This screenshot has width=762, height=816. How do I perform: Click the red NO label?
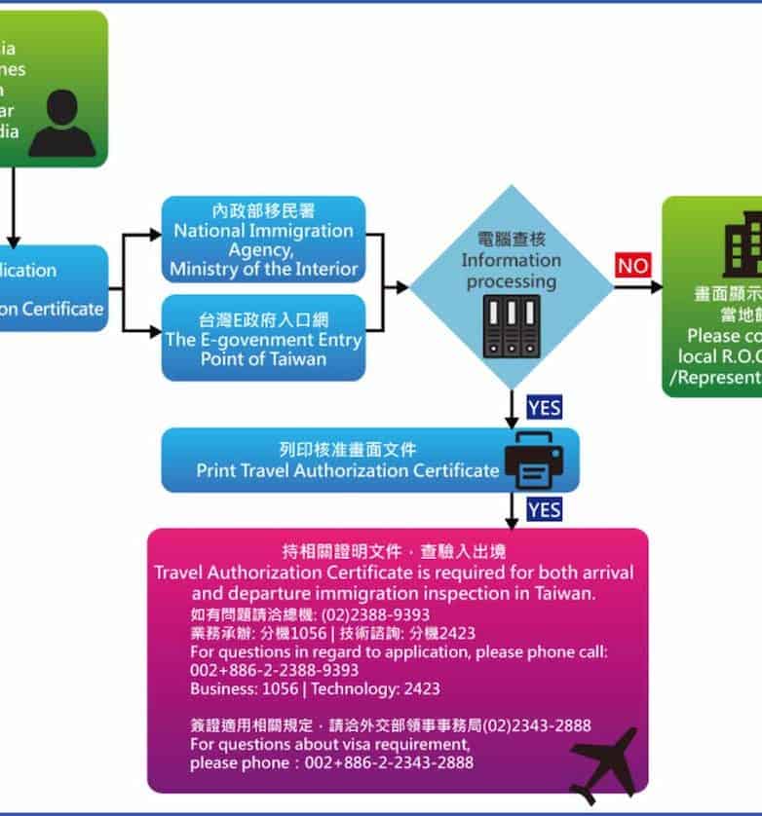coord(632,266)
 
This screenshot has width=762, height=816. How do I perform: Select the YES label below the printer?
coord(544,509)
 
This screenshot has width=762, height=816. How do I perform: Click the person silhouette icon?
coord(62,124)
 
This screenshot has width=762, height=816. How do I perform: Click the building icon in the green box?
coord(739,249)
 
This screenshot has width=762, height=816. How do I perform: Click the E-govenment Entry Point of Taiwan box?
coord(263,338)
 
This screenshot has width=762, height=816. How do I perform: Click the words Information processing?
coord(511,271)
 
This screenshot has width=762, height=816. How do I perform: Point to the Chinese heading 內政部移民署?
coord(263,211)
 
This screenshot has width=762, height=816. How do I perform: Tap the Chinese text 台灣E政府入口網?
coord(263,319)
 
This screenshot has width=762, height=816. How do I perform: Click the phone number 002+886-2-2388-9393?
coord(274,670)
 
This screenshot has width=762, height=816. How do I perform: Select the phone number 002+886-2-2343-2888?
coord(332,762)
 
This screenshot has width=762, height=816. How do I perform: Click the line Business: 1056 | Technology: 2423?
coord(315,688)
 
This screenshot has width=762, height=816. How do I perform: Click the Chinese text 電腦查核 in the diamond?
coord(511,240)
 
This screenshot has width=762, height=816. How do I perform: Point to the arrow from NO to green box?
coord(639,287)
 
